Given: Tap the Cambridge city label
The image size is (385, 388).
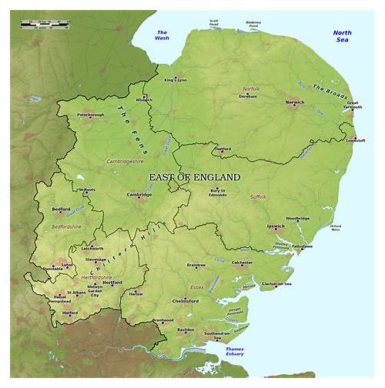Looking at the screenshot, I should (139, 194).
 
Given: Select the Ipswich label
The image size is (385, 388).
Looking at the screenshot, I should (276, 226).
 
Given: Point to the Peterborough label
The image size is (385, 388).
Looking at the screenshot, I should (90, 115).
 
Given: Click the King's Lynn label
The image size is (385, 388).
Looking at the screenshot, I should (176, 79).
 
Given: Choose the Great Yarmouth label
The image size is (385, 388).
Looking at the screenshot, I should (353, 105).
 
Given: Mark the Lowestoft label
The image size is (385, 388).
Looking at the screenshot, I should (356, 141).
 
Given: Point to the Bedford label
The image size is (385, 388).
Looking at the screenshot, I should (62, 209).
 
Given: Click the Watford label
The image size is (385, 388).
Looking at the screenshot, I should (70, 313).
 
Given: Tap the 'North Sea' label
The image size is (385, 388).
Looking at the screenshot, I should (343, 36).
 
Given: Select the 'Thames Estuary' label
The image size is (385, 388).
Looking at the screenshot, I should (234, 353).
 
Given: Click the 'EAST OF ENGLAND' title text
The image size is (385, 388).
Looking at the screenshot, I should (194, 177).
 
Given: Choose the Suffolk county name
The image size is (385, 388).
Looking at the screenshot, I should (257, 198).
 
